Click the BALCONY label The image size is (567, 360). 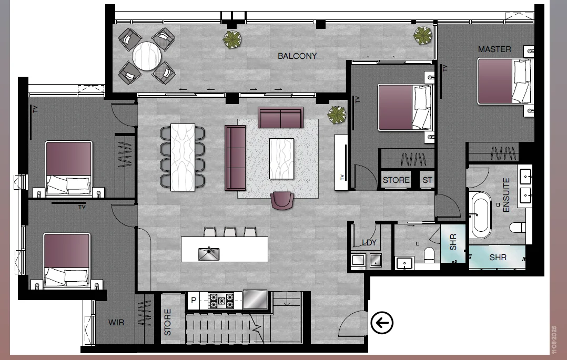297,56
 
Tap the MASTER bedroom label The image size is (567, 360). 494,49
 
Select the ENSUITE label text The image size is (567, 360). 507,195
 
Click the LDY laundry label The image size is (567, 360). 370,243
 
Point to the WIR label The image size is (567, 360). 116,322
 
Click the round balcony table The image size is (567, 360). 147,56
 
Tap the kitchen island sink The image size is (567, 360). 209,254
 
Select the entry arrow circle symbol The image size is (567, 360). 382,323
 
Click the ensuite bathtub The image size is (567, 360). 481,215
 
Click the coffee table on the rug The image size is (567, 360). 281,158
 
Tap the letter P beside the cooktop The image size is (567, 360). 194,301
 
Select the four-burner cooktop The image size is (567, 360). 221,301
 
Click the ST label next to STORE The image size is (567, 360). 427,180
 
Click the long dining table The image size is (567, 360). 183,157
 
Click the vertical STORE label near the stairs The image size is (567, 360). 168,323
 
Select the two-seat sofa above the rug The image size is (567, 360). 280,117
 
